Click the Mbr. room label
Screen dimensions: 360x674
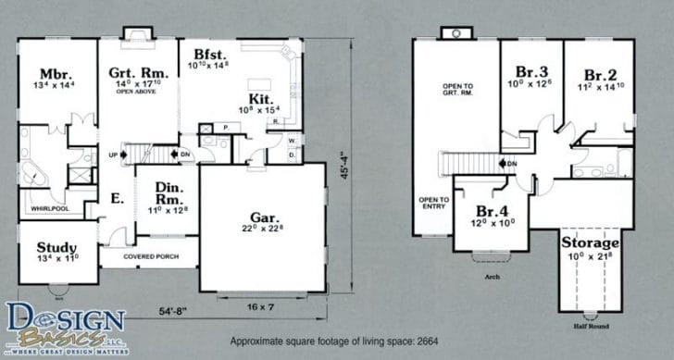(50, 73)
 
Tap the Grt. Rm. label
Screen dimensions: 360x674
(137, 72)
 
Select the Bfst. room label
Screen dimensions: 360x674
(201, 54)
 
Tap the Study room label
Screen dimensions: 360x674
(56, 248)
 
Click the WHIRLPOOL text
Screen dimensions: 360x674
(46, 210)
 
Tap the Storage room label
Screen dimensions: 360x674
(591, 242)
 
